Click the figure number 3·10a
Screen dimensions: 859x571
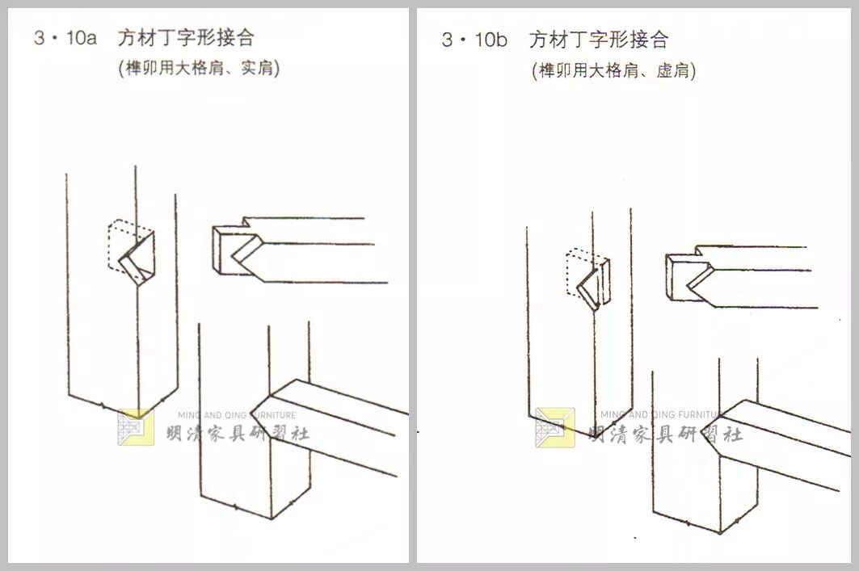tap(65, 38)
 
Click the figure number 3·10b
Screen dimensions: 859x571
tap(474, 40)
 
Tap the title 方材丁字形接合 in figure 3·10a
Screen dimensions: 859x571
tap(186, 38)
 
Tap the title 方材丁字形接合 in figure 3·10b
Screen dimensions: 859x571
tap(599, 40)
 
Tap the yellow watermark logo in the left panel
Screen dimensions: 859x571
tap(136, 427)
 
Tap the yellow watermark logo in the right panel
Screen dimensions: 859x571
tap(555, 427)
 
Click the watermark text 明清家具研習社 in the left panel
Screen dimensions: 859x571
tap(238, 435)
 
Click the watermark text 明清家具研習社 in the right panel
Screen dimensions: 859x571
tap(665, 435)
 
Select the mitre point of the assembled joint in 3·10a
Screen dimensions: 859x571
tap(251, 414)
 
